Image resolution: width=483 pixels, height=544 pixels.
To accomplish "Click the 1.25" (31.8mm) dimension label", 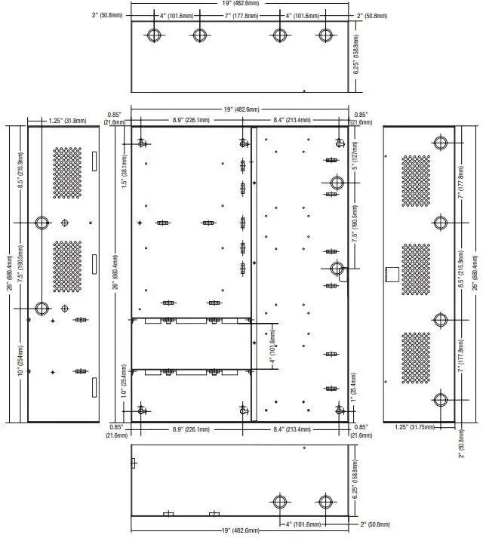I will tap(67, 120).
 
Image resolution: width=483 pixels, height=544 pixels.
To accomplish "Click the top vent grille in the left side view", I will tap(67, 173).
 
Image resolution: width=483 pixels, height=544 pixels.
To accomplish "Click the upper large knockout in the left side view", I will tap(42, 223).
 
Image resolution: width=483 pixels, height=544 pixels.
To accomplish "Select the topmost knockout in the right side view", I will tap(441, 144).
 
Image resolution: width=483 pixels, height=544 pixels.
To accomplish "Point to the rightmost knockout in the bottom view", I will tap(325, 502).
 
